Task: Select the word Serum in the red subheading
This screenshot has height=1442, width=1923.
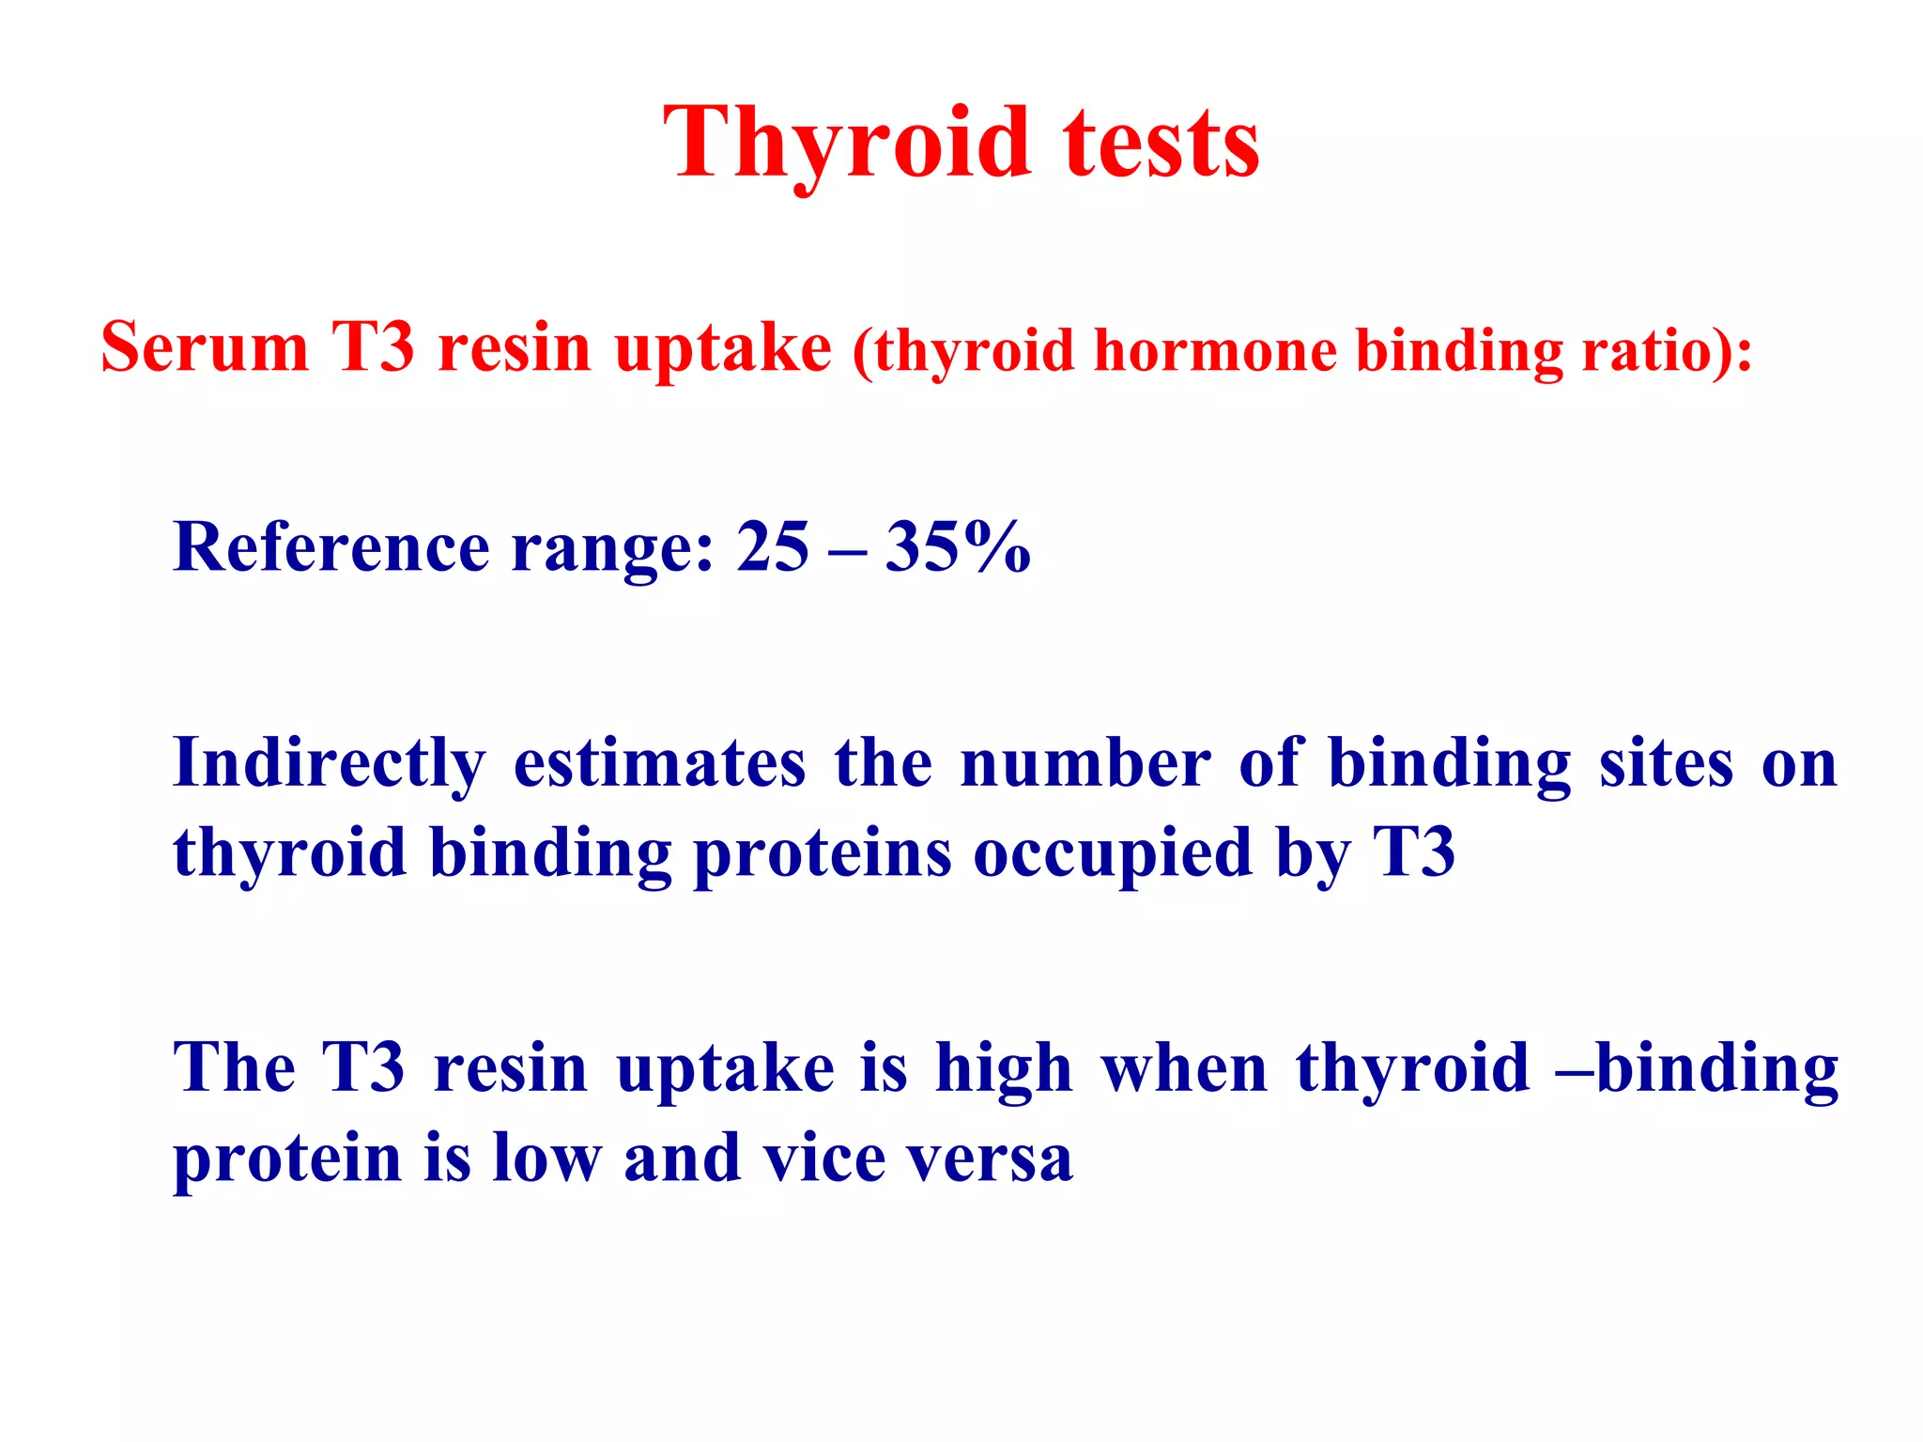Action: [x=205, y=347]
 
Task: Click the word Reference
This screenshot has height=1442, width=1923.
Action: [x=331, y=546]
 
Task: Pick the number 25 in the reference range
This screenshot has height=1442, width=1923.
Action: [x=772, y=546]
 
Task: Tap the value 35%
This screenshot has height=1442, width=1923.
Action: [x=958, y=546]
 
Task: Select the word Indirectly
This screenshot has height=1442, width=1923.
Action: [x=329, y=763]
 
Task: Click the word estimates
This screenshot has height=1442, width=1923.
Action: [x=659, y=763]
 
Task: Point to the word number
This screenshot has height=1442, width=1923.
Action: [x=1085, y=763]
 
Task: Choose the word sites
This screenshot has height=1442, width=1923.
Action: [x=1667, y=763]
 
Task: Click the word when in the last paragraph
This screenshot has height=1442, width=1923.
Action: [x=1185, y=1068]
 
